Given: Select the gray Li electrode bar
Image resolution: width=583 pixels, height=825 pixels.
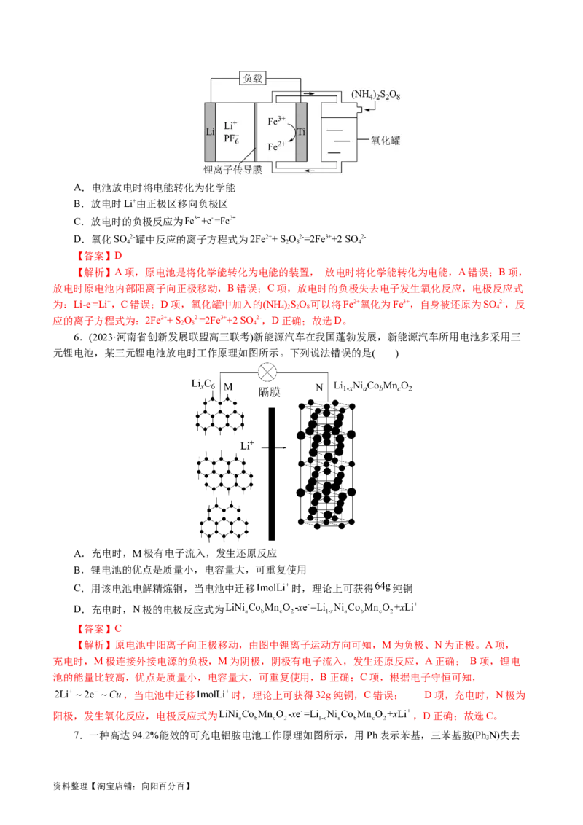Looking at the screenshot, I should (x=211, y=133).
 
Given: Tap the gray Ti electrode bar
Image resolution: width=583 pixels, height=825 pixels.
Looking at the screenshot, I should (x=301, y=133).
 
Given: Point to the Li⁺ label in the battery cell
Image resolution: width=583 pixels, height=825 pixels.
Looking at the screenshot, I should (x=231, y=126).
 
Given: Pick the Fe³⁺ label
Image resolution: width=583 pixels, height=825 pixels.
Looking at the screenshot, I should (x=277, y=121).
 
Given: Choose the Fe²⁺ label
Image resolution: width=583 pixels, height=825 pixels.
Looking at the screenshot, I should (x=276, y=146).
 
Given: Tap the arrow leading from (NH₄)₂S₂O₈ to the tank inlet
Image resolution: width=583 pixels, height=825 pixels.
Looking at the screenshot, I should (x=369, y=108).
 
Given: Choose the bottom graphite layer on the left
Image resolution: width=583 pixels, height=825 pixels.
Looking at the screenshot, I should (x=220, y=521).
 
